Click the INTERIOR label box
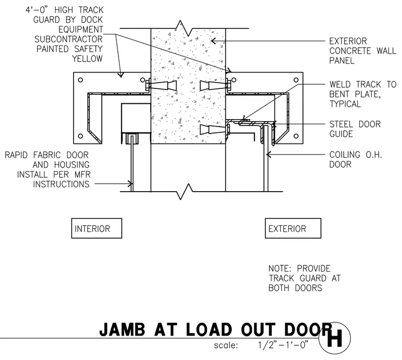tap(97, 228)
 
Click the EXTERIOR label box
tap(293, 228)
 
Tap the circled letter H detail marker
tap(335, 338)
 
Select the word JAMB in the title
tap(122, 329)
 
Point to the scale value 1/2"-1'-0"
tap(283, 345)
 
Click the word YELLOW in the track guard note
tap(87, 59)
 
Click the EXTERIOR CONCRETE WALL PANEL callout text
tap(362, 51)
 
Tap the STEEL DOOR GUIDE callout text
tap(355, 129)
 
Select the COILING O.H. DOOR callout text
tap(355, 159)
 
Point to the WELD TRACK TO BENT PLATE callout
tap(362, 94)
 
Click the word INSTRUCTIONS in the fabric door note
tap(61, 184)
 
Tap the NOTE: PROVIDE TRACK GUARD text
tap(305, 278)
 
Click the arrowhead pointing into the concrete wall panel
tap(214, 41)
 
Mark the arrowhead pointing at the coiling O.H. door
tap(269, 155)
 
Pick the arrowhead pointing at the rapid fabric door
tap(131, 184)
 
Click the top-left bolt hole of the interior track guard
tap(80, 80)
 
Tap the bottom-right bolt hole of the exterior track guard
tap(296, 136)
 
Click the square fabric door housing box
tap(135, 118)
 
